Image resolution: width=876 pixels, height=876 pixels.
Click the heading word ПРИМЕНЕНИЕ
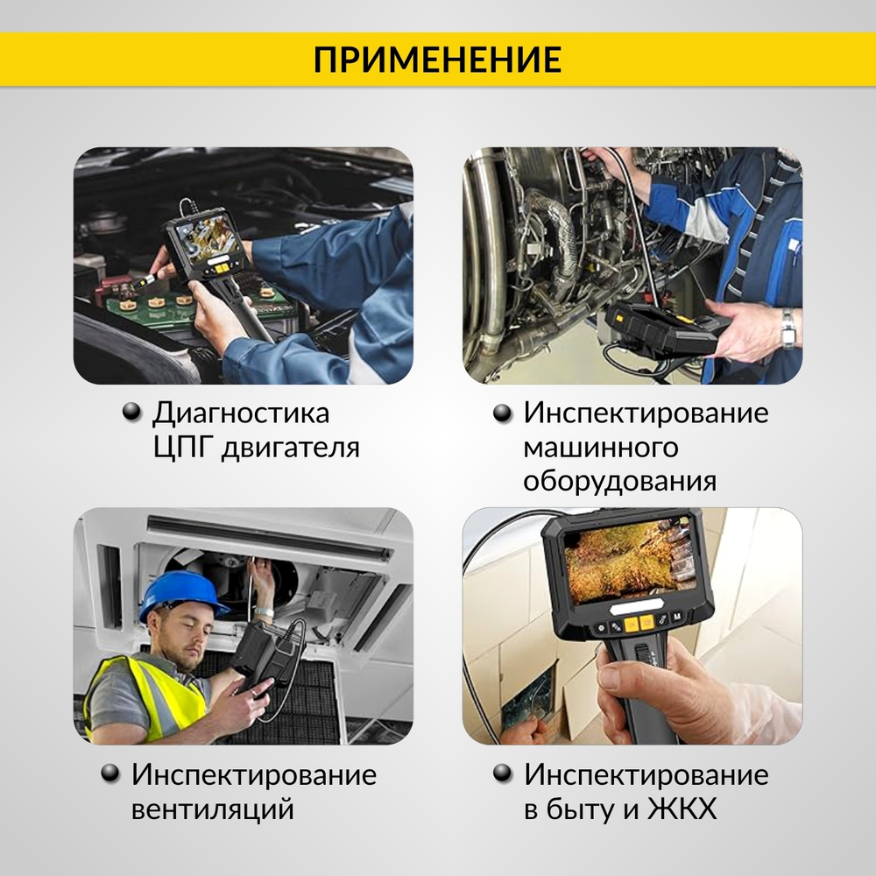(437, 60)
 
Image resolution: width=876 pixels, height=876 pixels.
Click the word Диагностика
(241, 413)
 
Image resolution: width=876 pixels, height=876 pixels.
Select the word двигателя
(291, 449)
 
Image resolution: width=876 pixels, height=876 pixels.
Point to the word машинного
(600, 448)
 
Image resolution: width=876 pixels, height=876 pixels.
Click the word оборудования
(619, 482)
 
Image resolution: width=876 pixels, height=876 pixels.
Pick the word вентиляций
(212, 809)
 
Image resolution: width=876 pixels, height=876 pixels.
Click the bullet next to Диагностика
(131, 413)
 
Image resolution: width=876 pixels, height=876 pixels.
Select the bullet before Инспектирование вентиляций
(110, 774)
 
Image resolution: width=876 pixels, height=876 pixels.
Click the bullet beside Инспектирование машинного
(503, 413)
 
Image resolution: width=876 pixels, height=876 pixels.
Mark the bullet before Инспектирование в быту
(503, 774)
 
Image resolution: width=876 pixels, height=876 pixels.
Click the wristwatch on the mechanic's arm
(788, 327)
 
